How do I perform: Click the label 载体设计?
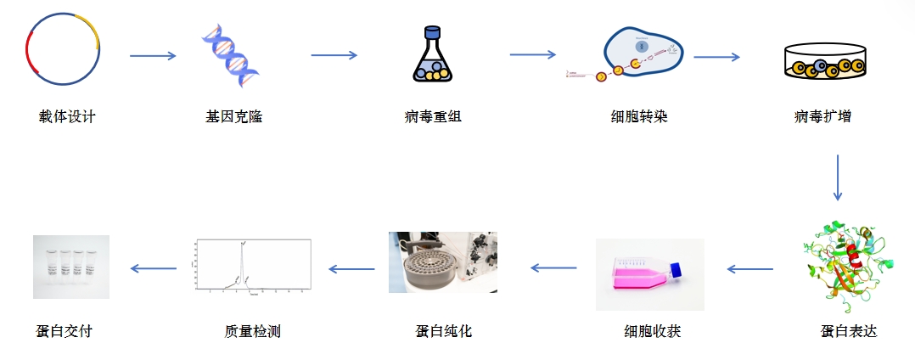pos(67,116)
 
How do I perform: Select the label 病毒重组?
pos(433,116)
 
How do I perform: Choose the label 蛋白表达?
pos(849,331)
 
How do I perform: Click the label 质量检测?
pos(247,331)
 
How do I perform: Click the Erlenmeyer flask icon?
pos(432,54)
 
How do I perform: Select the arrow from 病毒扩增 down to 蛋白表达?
pos(838,177)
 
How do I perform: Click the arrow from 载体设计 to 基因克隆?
pos(153,56)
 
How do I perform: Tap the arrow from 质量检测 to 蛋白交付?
pos(153,269)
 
